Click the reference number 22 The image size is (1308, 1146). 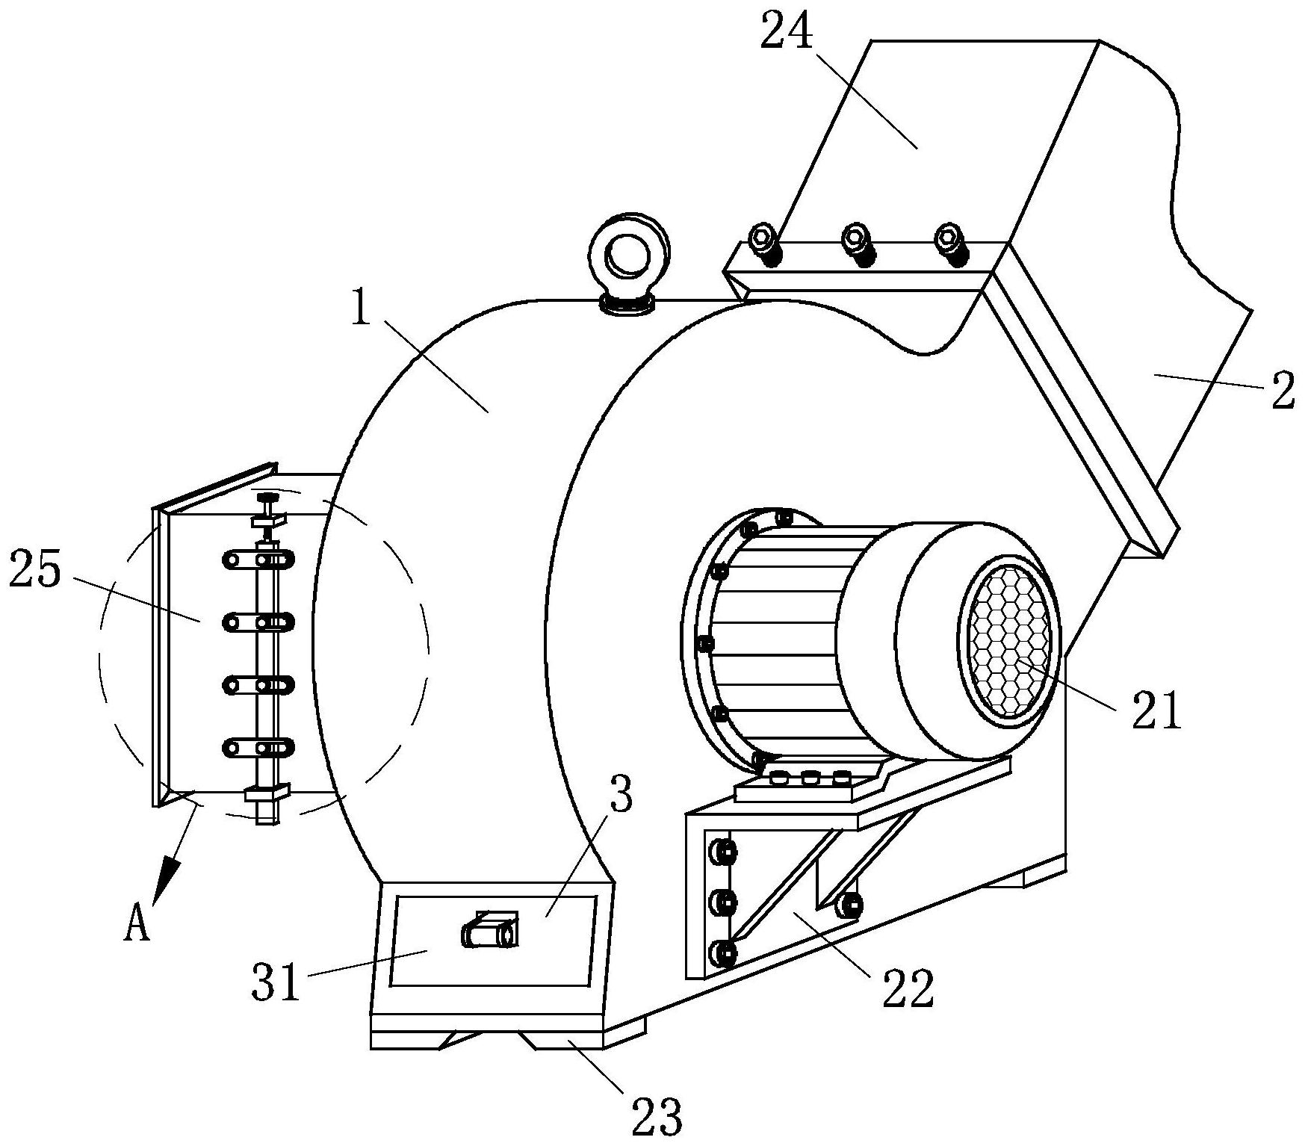(x=908, y=989)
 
